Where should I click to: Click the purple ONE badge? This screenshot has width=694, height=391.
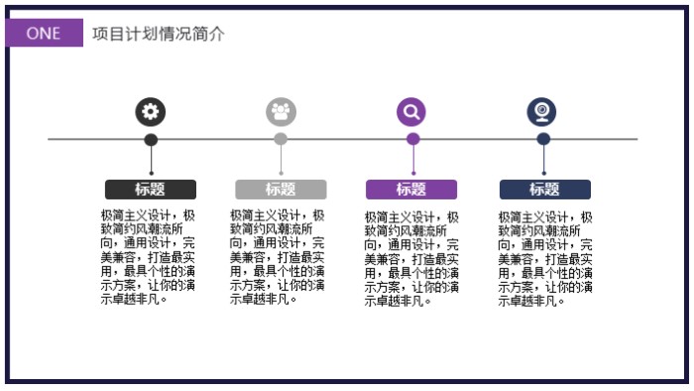click(44, 33)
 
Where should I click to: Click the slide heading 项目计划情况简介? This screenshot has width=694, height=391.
click(159, 34)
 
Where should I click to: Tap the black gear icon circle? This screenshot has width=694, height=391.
click(151, 111)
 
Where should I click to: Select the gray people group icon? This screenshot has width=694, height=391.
click(281, 111)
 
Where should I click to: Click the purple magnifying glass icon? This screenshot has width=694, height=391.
click(412, 111)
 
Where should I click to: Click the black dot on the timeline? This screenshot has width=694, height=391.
click(151, 139)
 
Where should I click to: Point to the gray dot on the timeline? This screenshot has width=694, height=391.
click(281, 139)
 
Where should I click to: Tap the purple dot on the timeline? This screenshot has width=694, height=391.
click(412, 139)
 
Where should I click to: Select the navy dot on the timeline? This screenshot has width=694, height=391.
click(543, 139)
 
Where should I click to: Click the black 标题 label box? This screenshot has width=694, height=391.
click(151, 190)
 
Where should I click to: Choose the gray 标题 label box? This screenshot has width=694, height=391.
click(281, 190)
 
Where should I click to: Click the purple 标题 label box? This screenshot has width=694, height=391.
click(411, 190)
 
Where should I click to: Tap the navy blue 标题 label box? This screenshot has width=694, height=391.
click(544, 190)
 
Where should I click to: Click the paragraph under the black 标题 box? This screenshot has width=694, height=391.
click(149, 256)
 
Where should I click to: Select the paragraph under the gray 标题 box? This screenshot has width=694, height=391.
click(278, 256)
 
